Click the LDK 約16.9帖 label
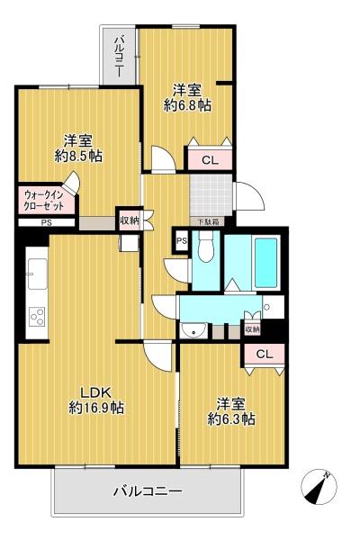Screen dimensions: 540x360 tap(96, 400)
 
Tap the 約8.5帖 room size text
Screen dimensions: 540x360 tap(78, 156)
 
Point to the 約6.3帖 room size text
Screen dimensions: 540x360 tap(231, 418)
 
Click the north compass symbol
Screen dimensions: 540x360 tap(319, 487)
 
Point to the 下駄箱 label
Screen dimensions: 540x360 tap(207, 221)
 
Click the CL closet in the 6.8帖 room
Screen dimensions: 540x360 tap(209, 160)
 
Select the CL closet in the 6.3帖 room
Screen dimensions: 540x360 tap(264, 354)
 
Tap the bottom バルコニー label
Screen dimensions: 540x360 tap(148, 491)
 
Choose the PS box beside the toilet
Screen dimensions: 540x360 tap(181, 240)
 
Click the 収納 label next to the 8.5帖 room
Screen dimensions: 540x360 tap(129, 220)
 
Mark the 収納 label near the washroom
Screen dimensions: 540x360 tap(252, 329)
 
